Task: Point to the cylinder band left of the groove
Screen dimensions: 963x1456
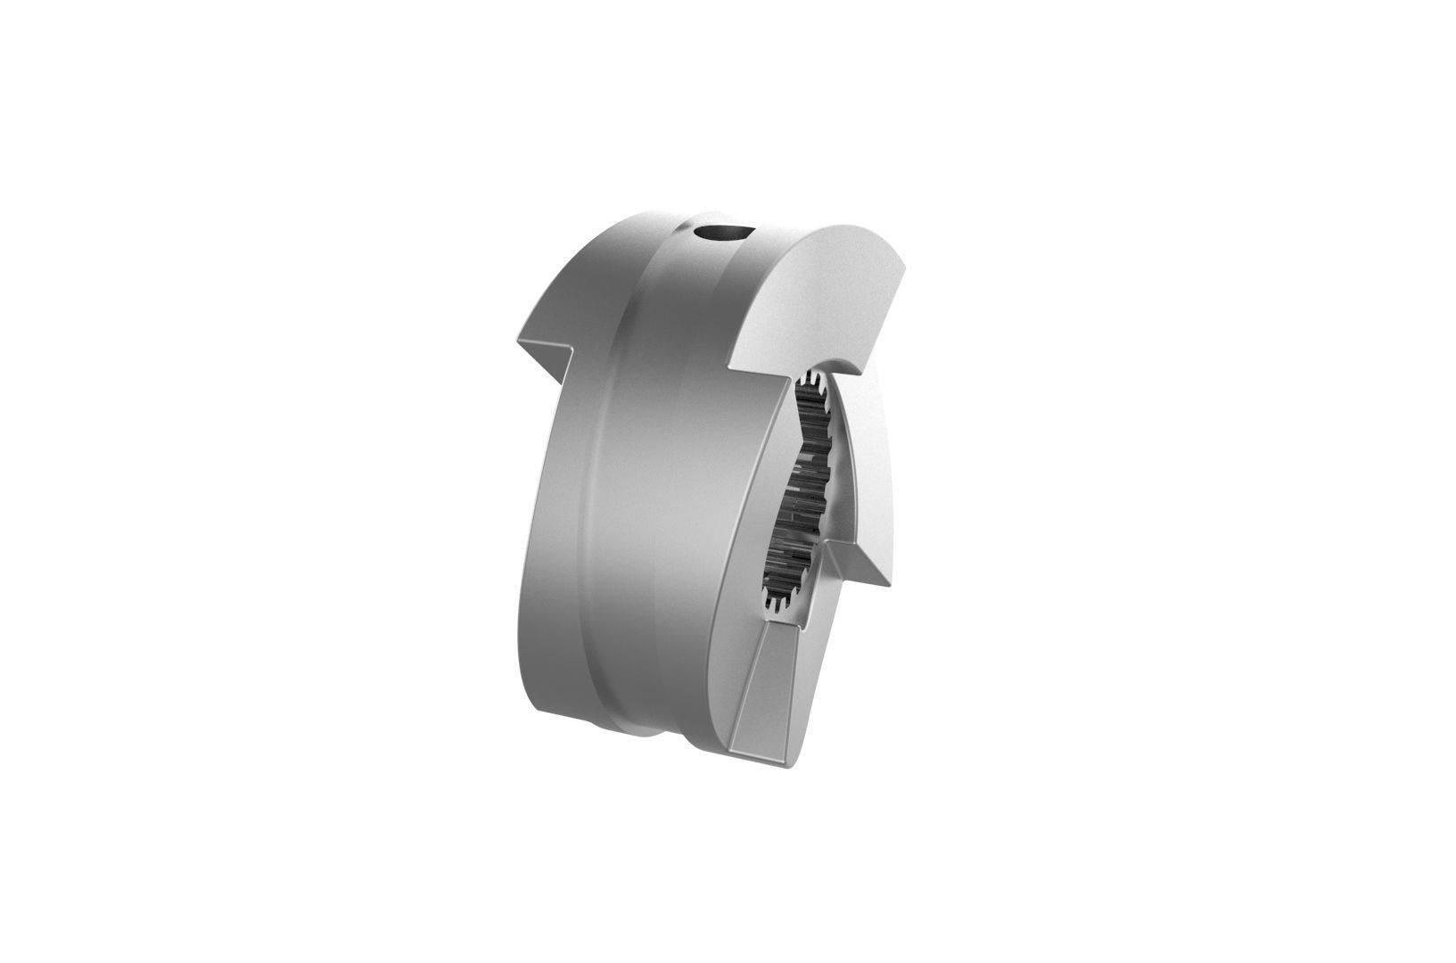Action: pos(553,535)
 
